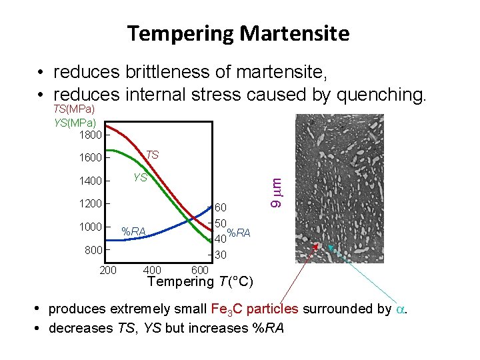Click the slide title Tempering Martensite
(238, 33)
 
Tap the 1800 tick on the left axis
(91, 135)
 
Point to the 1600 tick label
(91, 158)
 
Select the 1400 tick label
(91, 181)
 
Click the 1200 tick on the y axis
(91, 203)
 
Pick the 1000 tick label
(91, 226)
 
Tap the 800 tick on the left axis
(93, 249)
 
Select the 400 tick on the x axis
(152, 270)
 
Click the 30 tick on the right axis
(221, 255)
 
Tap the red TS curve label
(152, 155)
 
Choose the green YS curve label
(140, 177)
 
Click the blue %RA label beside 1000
(133, 232)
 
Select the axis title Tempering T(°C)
(200, 281)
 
